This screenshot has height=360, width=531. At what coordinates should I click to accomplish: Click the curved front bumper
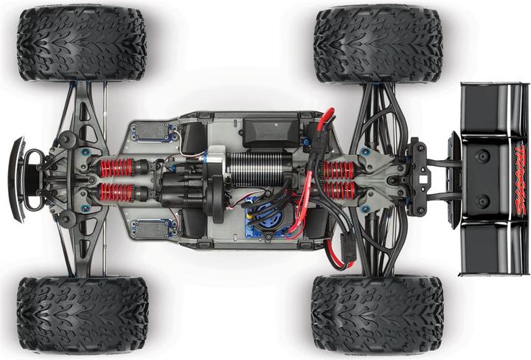[x=16, y=179]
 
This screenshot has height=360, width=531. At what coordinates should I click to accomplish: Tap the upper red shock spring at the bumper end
[x=116, y=167]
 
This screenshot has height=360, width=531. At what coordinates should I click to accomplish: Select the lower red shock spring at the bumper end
[x=116, y=193]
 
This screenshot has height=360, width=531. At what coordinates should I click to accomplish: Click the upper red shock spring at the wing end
[x=339, y=169]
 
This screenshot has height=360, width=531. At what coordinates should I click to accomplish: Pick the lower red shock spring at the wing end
[x=339, y=190]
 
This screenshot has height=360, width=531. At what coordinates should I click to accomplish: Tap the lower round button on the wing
[x=482, y=201]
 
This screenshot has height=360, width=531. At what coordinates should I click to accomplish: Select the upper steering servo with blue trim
[x=151, y=133]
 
